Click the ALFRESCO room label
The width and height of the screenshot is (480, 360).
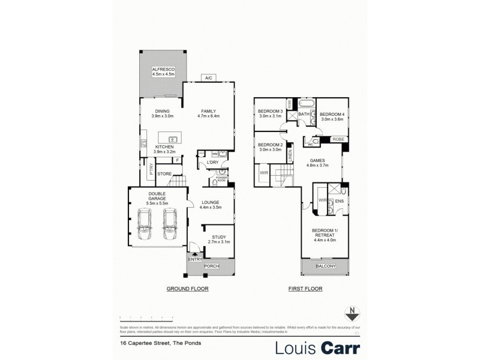pyautogui.click(x=162, y=70)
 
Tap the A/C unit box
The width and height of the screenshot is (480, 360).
pyautogui.click(x=209, y=78)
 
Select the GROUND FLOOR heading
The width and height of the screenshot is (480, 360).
pyautogui.click(x=185, y=289)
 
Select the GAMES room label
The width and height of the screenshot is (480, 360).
pyautogui.click(x=317, y=161)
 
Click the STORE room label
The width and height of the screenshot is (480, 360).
pyautogui.click(x=164, y=175)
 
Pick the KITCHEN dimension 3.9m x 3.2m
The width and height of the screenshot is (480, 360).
pyautogui.click(x=164, y=152)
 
